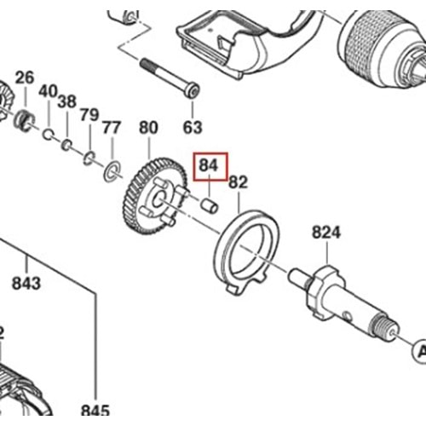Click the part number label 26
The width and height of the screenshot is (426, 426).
pyautogui.click(x=25, y=78)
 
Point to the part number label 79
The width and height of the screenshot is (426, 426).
pyautogui.click(x=89, y=114)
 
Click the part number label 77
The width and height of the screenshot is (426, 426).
pyautogui.click(x=111, y=129)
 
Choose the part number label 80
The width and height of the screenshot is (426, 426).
pyautogui.click(x=148, y=129)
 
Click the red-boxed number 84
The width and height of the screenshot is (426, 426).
pyautogui.click(x=210, y=165)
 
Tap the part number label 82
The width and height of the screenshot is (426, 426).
pyautogui.click(x=238, y=181)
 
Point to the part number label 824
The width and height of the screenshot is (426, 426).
pyautogui.click(x=325, y=232)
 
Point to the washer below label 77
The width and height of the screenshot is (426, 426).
pyautogui.click(x=111, y=174)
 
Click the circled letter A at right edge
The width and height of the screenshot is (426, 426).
pyautogui.click(x=419, y=350)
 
